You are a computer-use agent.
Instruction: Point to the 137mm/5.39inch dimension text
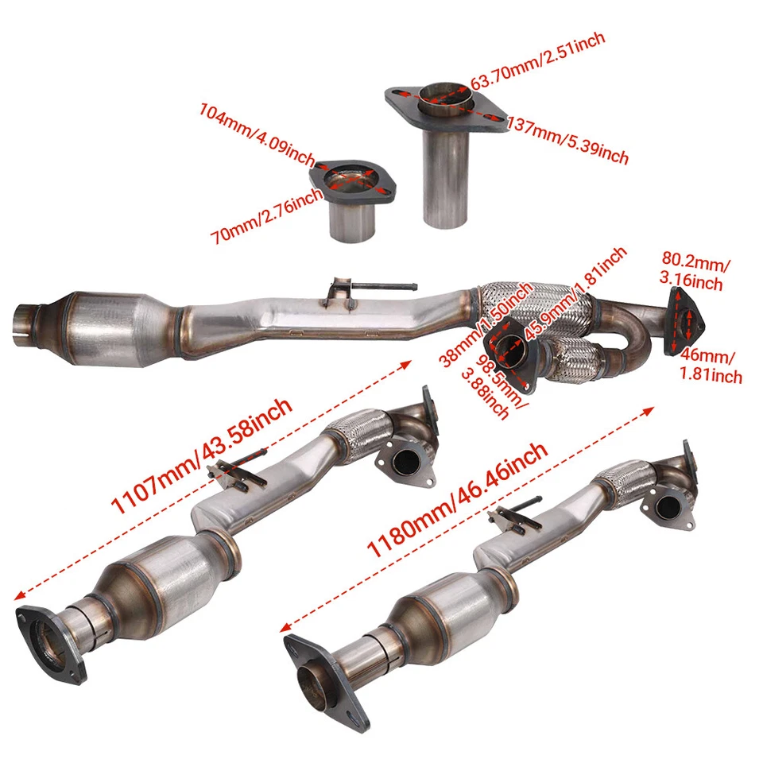pyautogui.click(x=567, y=138)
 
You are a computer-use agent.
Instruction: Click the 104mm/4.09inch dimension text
pyautogui.click(x=258, y=130)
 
